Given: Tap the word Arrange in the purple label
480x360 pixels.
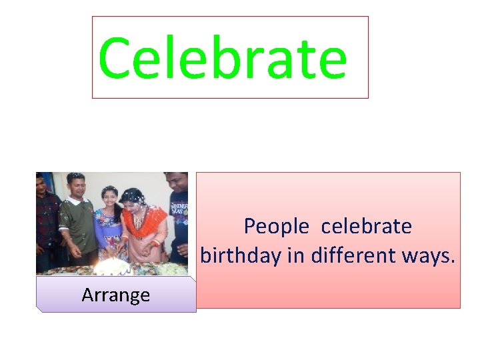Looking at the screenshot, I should [115, 295].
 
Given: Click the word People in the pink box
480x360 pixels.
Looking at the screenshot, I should [276, 227].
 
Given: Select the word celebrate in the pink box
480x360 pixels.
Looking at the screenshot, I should [366, 227].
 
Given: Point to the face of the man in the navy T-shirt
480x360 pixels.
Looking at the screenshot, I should [179, 182].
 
